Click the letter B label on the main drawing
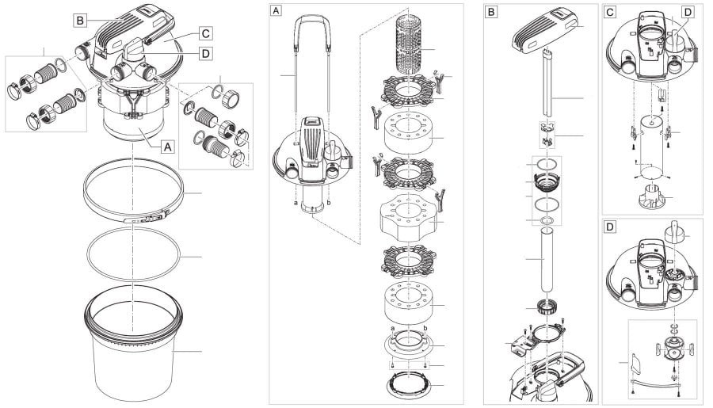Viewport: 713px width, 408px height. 80,20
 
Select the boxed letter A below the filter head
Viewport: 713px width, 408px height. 166,146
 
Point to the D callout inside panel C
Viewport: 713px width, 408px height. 686,12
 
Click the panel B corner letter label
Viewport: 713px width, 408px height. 492,12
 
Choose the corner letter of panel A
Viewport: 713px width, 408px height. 276,12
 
